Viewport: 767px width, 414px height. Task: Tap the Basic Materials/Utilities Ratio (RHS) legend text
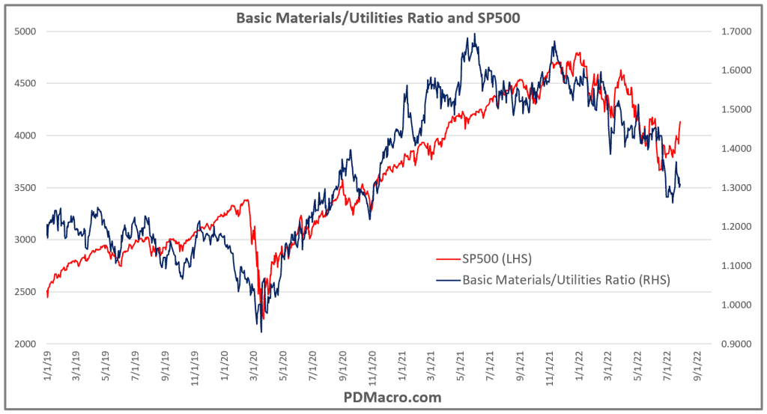tap(566, 280)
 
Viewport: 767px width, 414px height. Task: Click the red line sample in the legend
tap(447, 259)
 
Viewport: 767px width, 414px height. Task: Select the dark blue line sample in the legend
tap(447, 280)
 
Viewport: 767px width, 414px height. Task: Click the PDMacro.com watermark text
tap(383, 397)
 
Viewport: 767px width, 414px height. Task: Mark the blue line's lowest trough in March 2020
tap(261, 332)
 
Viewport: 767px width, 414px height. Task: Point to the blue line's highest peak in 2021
tap(474, 34)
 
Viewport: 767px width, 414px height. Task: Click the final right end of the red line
tap(680, 121)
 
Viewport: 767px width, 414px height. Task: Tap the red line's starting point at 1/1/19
tap(46, 297)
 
